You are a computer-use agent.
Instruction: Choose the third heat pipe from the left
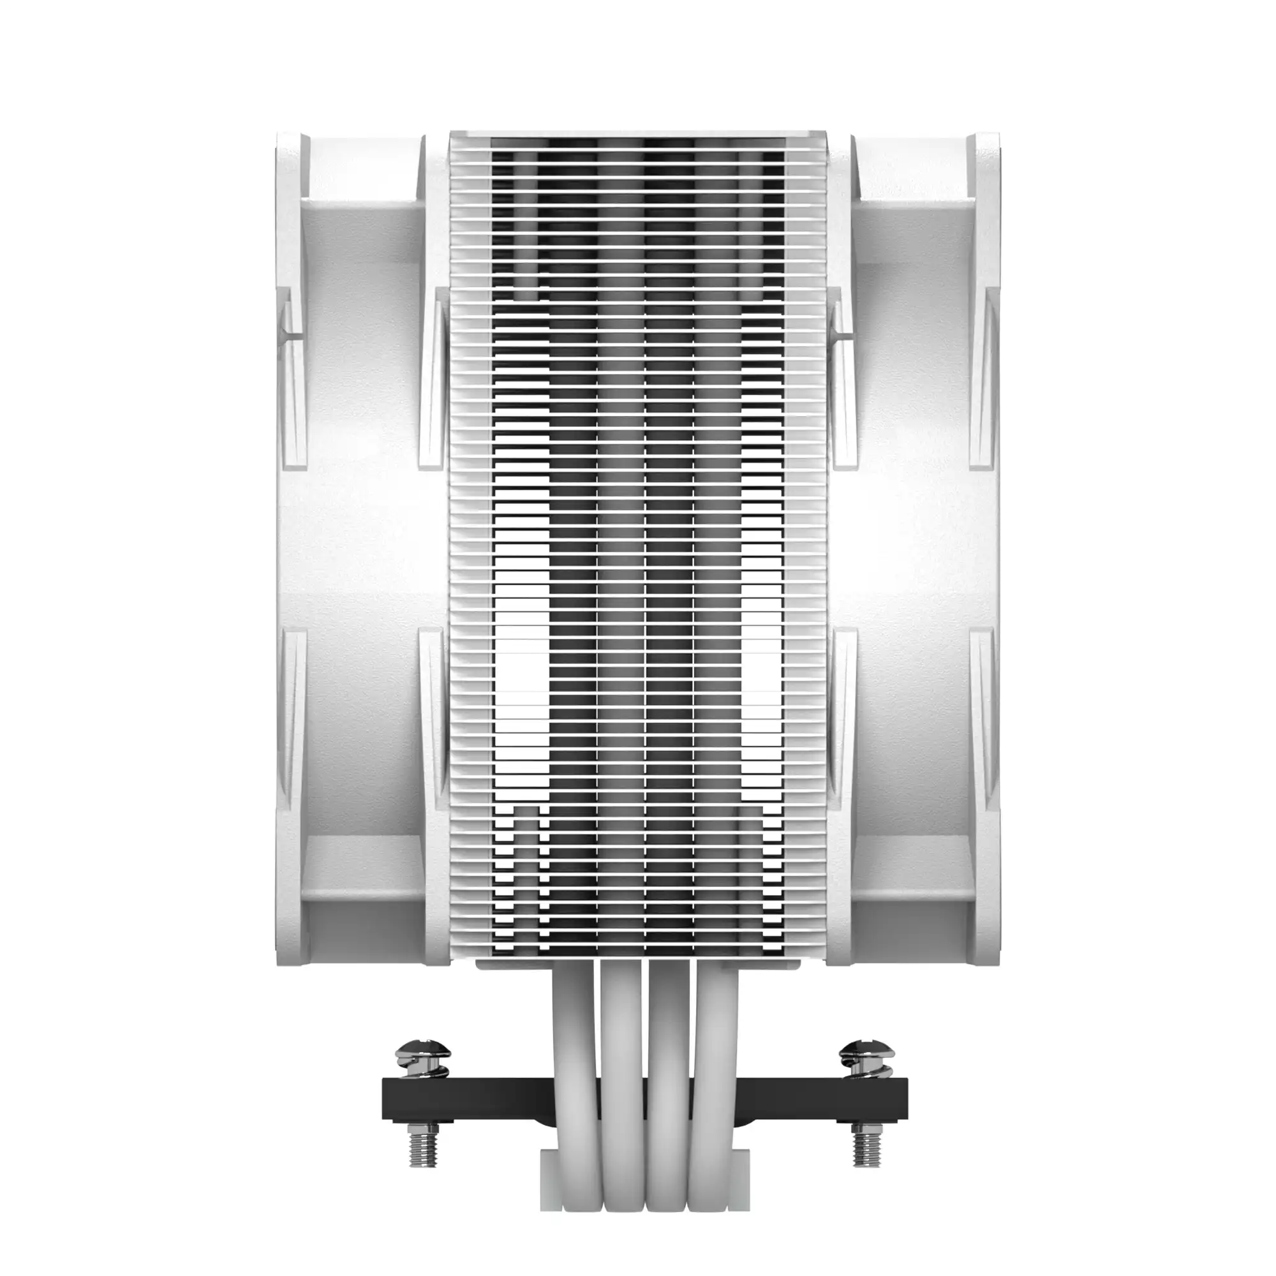(665, 1057)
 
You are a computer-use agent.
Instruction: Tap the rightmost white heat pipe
(711, 1057)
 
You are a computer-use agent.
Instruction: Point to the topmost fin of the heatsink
(638, 135)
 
